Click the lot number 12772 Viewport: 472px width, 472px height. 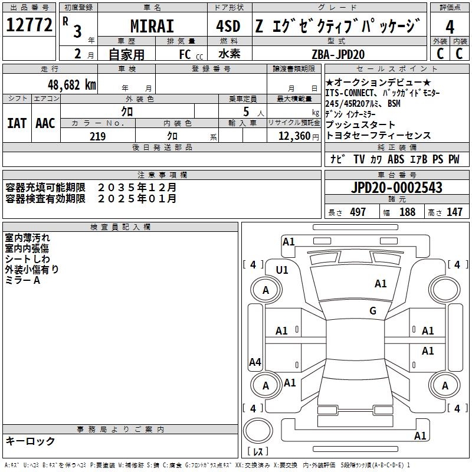(29, 25)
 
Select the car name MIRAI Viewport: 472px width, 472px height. (152, 26)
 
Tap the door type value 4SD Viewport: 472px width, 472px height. (228, 26)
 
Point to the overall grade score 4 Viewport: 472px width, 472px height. (450, 27)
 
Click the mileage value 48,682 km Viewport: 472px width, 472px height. (72, 85)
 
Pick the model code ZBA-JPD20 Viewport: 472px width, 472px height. (338, 54)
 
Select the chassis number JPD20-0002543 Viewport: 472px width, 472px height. (396, 188)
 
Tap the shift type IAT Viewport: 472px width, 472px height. (17, 123)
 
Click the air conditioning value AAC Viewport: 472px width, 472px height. (45, 123)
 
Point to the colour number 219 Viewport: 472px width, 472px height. (97, 136)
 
